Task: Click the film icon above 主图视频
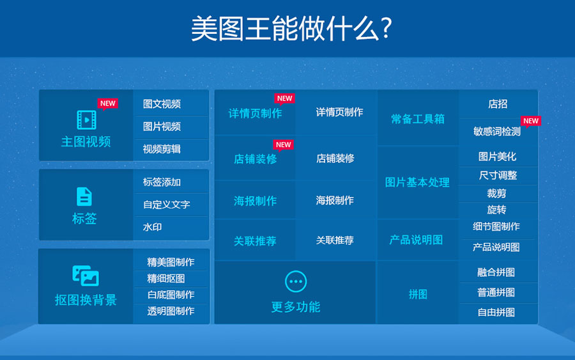coord(86,120)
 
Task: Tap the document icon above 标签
coord(84,197)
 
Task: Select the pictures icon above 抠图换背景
coord(86,276)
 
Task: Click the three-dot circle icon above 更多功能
coord(296,281)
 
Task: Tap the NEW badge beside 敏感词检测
coord(531,121)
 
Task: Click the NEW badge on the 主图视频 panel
coord(107,104)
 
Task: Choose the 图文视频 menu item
coord(162,104)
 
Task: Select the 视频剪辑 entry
coord(162,150)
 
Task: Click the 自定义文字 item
coord(167,205)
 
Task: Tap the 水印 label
coord(152,227)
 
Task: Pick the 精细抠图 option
coord(166,279)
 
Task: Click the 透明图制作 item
coord(171,311)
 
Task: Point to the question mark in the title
coord(386,29)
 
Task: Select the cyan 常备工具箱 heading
coord(418,119)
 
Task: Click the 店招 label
coord(498,104)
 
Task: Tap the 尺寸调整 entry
coord(498,175)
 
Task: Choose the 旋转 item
coord(496,210)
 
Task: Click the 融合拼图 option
coord(496,272)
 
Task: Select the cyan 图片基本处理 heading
coord(417,182)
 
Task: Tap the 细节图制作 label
coord(496,227)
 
